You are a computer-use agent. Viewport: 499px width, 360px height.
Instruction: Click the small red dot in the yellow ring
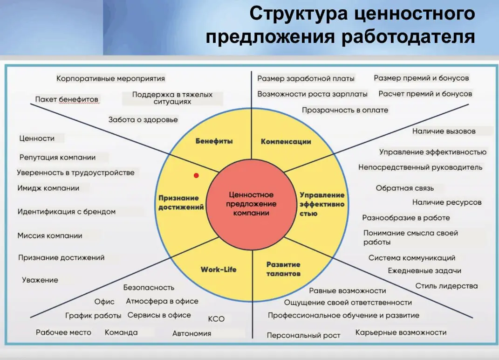(x=196, y=176)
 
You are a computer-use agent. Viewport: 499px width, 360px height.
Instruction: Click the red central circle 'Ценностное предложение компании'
(x=251, y=204)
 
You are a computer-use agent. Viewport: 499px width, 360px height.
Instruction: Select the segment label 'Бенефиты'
(x=214, y=141)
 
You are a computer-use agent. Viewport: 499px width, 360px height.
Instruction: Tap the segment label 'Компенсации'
(x=286, y=141)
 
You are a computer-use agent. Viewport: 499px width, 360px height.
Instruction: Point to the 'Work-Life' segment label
(x=219, y=269)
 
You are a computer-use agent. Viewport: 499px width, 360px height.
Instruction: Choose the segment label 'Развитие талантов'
(x=283, y=269)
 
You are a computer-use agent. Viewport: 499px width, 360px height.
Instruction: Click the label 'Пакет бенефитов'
(x=67, y=99)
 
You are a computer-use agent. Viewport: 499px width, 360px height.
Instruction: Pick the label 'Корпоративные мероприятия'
(x=110, y=78)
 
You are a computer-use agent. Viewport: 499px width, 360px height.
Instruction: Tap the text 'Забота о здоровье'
(x=143, y=119)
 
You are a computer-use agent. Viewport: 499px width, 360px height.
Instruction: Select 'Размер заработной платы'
(x=306, y=78)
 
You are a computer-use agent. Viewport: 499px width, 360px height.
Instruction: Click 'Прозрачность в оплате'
(x=345, y=110)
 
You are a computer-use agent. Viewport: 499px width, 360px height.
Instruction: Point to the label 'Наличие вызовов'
(x=444, y=131)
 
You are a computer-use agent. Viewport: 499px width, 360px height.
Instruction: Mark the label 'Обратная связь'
(x=404, y=188)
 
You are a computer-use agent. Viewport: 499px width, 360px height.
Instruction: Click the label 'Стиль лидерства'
(x=446, y=286)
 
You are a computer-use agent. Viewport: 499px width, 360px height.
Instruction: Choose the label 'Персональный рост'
(x=303, y=335)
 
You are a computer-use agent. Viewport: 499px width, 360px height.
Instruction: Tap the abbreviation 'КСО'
(x=216, y=319)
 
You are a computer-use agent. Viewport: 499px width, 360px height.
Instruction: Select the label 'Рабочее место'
(x=63, y=332)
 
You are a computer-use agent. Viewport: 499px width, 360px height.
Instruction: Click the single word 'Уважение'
(x=40, y=280)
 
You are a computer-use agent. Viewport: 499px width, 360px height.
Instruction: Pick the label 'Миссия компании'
(x=50, y=235)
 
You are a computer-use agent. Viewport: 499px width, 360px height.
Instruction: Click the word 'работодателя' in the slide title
(x=408, y=36)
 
